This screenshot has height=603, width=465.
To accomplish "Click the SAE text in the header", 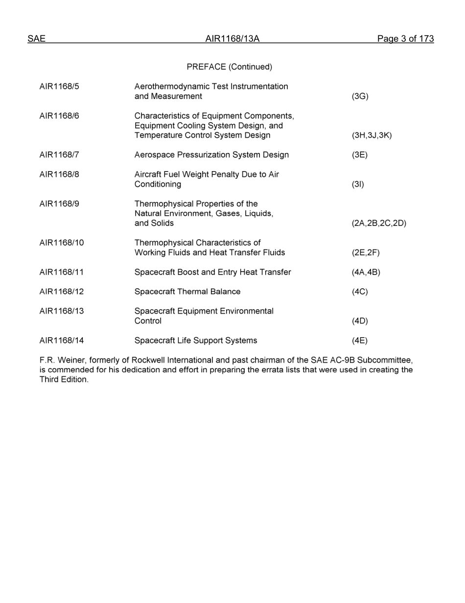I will point(36,39).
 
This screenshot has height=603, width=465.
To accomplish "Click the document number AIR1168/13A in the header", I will point(232,39).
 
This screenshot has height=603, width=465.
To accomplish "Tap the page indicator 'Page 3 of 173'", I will point(405,39).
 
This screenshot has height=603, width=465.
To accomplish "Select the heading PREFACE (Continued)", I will point(229,67).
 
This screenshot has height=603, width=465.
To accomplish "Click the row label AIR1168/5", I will point(59,87).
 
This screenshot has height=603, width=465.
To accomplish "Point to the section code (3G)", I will point(360,97).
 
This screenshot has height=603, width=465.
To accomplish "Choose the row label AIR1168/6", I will point(59,116).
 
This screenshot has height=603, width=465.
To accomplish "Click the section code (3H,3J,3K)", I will point(372,135).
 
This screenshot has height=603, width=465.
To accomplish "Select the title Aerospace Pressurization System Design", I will point(211,155).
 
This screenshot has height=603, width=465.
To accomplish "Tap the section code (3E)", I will point(359,155).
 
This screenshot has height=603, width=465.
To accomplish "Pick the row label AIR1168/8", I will point(59,175).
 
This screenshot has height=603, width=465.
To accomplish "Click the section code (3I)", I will point(358,184).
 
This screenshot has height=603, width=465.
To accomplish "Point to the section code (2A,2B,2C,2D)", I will point(379,223).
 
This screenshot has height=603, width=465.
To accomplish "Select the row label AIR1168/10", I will point(62,243).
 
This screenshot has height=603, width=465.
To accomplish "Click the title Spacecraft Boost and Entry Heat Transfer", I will point(212,272).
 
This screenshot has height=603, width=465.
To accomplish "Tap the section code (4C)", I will point(359,292).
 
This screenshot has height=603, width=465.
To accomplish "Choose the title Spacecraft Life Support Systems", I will point(196,341).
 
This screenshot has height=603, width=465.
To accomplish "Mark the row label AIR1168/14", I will point(62,341).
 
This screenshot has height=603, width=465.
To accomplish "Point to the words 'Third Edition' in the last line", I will point(64,380).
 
